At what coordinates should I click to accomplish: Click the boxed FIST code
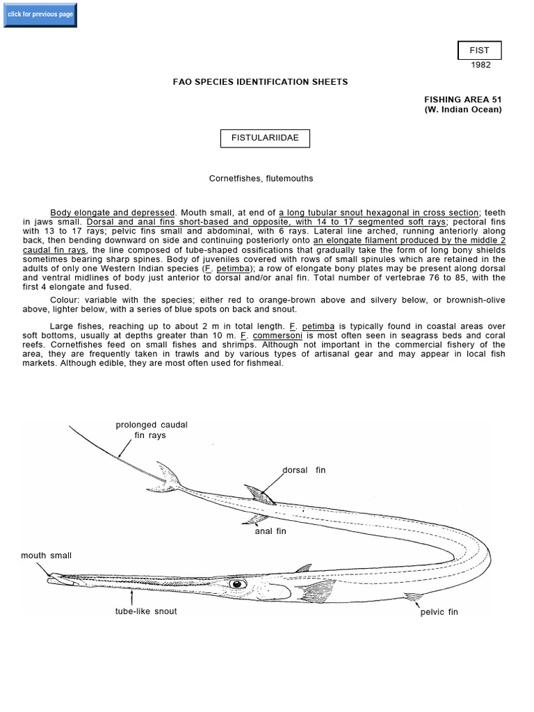pyautogui.click(x=478, y=51)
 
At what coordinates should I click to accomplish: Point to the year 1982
pyautogui.click(x=480, y=65)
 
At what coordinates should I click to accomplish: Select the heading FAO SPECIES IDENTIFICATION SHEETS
pyautogui.click(x=260, y=82)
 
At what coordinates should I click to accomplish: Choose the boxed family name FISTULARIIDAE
pyautogui.click(x=265, y=138)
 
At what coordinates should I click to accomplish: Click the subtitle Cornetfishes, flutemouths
pyautogui.click(x=261, y=179)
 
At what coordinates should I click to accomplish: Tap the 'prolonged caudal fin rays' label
pyautogui.click(x=151, y=430)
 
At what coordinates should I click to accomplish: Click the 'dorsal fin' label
pyautogui.click(x=304, y=470)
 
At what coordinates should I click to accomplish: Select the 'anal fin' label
pyautogui.click(x=270, y=531)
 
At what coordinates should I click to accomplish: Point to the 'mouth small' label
pyautogui.click(x=46, y=556)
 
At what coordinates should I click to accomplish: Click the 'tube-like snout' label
pyautogui.click(x=146, y=611)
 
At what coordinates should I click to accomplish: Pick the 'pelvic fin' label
pyautogui.click(x=439, y=613)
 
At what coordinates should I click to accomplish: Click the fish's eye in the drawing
pyautogui.click(x=237, y=583)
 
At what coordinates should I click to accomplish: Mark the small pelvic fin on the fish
pyautogui.click(x=413, y=596)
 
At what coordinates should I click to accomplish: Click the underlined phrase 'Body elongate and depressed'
pyautogui.click(x=113, y=212)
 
